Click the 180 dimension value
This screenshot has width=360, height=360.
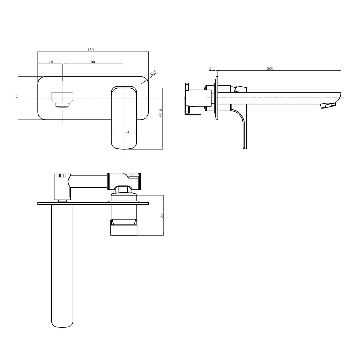click(91, 50)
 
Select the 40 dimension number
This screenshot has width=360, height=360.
click(51, 62)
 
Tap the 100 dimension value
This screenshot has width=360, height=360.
click(92, 62)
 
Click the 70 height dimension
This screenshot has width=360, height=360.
click(16, 96)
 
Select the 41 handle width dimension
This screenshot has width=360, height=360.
click(127, 132)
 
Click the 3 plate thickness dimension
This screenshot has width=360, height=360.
click(210, 68)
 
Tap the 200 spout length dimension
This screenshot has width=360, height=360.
click(270, 68)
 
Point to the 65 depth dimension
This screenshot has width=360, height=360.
click(161, 216)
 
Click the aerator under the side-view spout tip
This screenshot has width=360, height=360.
click(327, 106)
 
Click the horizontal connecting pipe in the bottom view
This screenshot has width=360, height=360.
click(88, 182)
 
